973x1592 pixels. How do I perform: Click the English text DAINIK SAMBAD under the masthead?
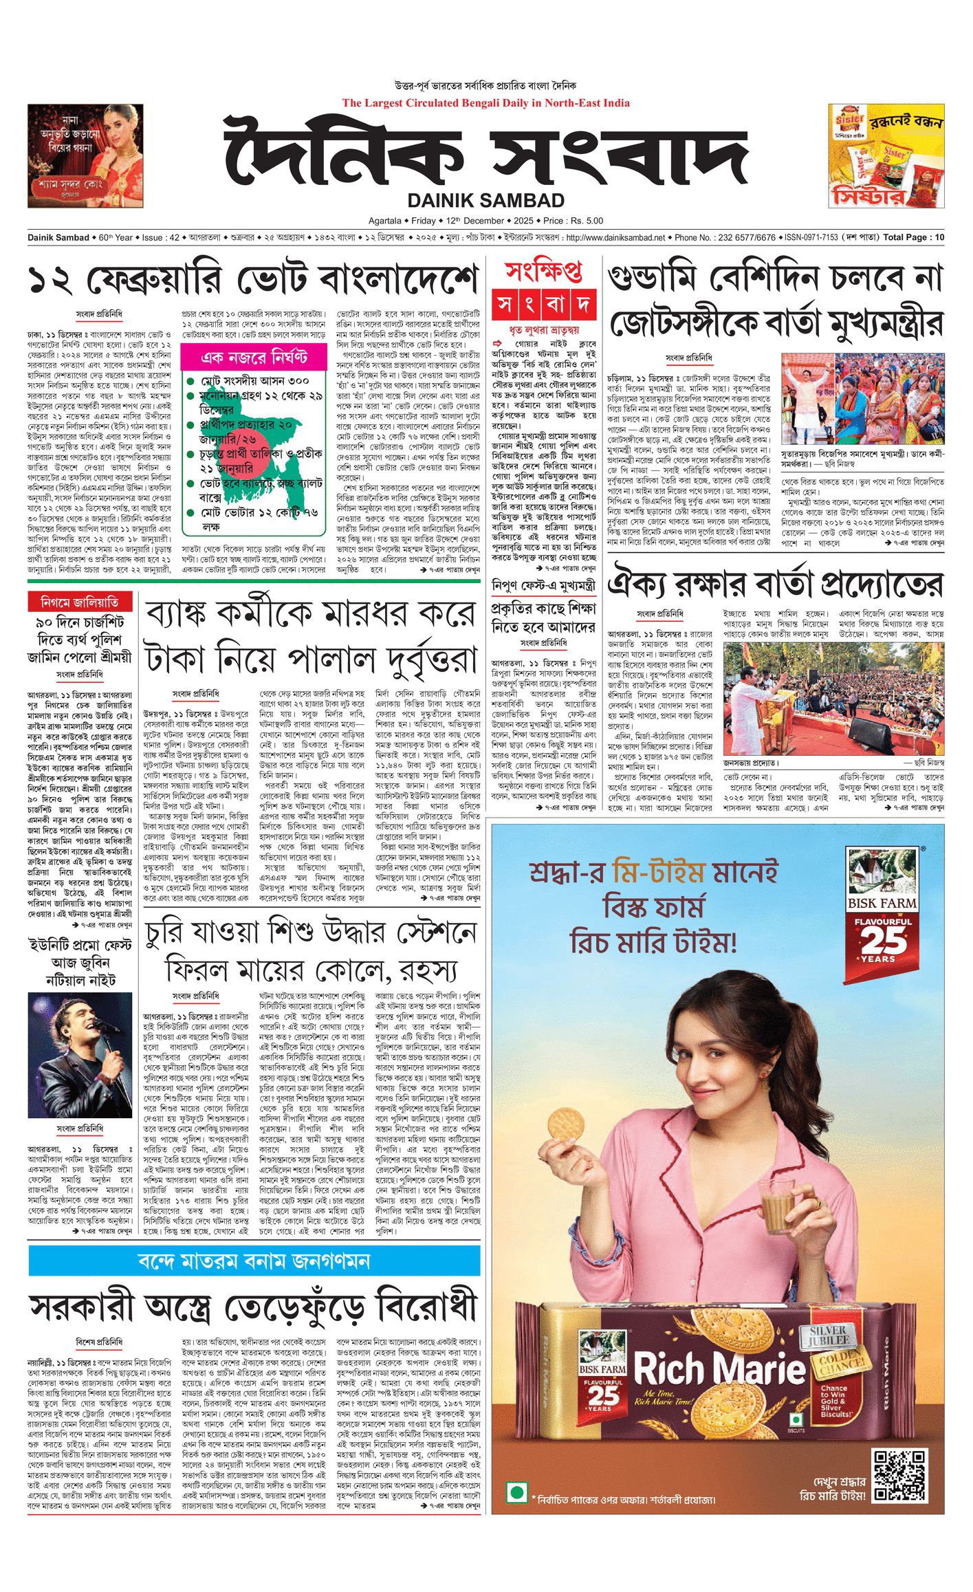coord(485,201)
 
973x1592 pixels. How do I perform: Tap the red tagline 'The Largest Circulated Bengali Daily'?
coord(485,103)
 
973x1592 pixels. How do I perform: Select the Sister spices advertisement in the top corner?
coord(886,155)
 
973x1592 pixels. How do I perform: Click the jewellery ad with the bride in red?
coord(85,155)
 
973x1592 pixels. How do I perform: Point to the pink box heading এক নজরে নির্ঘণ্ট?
coord(254,357)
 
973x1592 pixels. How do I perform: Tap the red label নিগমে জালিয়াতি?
coord(80,602)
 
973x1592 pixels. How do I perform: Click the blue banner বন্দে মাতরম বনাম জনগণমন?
coord(254,1261)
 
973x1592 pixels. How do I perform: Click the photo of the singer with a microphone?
coord(80,1056)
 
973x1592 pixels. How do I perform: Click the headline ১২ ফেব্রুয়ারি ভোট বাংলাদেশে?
coord(253,281)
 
